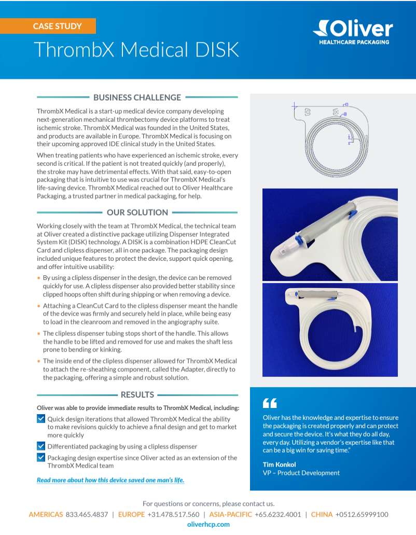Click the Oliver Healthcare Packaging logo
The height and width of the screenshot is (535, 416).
(353, 32)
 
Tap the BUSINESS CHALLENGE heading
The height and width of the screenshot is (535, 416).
(137, 97)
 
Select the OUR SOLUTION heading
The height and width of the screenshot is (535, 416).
(137, 212)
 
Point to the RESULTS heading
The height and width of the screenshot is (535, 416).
(137, 395)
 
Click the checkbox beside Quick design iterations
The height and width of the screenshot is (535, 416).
(41, 418)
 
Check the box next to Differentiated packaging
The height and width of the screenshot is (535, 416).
(41, 446)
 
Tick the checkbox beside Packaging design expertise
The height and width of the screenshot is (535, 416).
(41, 457)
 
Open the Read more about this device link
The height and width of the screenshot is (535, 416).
(110, 480)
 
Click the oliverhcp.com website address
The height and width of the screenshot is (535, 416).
(208, 524)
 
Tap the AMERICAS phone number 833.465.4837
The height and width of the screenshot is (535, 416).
(87, 514)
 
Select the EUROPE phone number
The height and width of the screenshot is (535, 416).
(173, 514)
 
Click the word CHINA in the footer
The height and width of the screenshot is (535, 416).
(322, 514)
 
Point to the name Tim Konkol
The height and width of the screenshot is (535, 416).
(279, 464)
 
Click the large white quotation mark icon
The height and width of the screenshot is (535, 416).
(270, 403)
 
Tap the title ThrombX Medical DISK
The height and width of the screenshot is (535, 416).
(136, 50)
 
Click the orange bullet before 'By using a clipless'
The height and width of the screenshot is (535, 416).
(38, 278)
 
